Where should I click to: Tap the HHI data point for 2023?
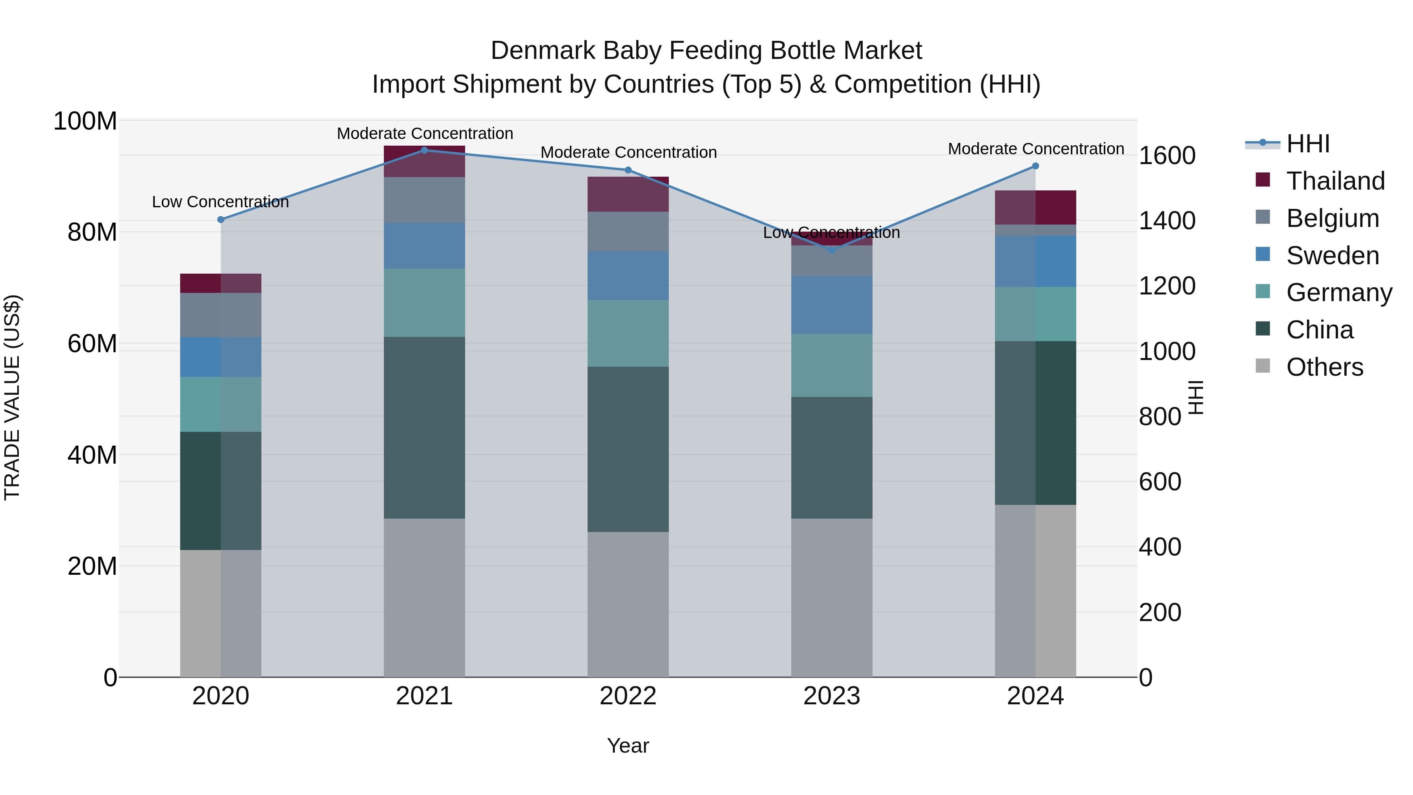832,250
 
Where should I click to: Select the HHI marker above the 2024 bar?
1035,166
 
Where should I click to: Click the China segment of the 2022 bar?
628,449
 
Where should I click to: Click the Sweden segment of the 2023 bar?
832,305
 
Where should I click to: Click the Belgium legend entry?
1332,218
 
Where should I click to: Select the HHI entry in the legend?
1308,144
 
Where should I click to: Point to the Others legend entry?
1324,367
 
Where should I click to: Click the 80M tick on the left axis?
92,232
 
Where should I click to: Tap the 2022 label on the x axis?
628,696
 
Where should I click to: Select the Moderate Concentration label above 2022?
629,153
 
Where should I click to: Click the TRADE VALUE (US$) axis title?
12,397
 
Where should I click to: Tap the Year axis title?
628,746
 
